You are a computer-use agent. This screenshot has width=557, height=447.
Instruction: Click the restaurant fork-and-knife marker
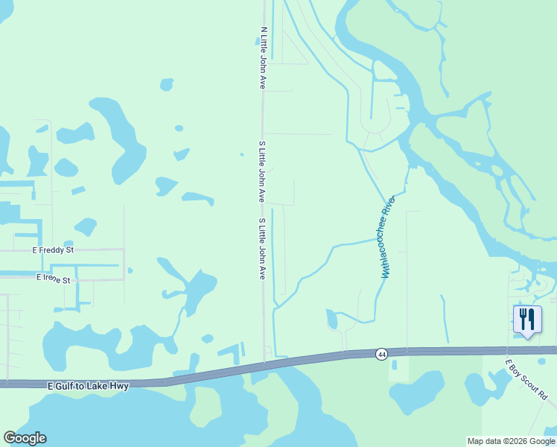tap(528, 320)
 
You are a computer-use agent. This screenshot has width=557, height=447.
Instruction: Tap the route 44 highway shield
tap(381, 353)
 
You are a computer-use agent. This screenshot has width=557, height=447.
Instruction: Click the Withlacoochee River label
tap(387, 237)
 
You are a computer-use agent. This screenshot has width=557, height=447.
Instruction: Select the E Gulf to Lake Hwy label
tap(88, 386)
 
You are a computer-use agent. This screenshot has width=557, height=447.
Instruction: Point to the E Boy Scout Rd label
tap(526, 379)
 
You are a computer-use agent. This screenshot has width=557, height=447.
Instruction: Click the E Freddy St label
tap(54, 251)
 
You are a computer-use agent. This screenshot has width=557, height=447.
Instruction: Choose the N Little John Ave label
tap(263, 59)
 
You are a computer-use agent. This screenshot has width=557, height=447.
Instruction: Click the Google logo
tap(25, 438)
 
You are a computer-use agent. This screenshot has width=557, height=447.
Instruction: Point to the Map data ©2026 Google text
tap(512, 441)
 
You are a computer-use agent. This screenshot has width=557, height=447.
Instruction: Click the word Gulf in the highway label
tap(67, 386)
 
